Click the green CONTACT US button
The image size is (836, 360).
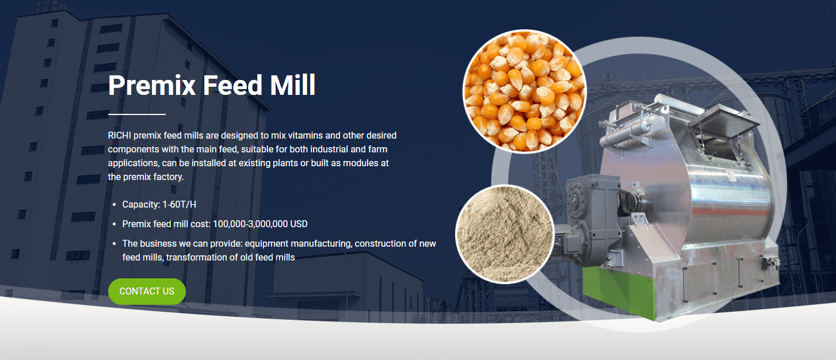[x=147, y=292]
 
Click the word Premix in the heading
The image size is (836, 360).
[x=151, y=85]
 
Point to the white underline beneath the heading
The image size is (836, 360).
[x=136, y=114]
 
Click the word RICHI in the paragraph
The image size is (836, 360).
[x=119, y=136]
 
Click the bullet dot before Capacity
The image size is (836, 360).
[x=115, y=205]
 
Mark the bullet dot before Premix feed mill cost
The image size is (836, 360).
[x=115, y=224]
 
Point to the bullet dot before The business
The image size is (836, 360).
[x=115, y=244]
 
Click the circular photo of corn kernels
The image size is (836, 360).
[x=524, y=91]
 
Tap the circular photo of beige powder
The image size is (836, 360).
[x=505, y=234]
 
